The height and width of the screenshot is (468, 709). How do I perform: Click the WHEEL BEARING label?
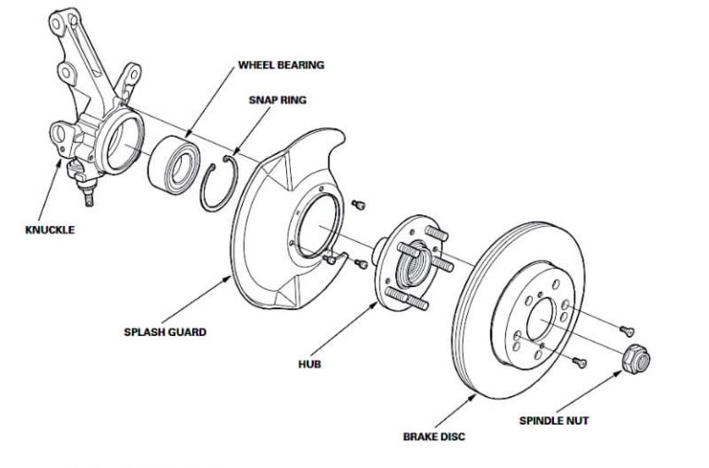click(282, 66)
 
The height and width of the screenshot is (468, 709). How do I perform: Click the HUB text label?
click(309, 364)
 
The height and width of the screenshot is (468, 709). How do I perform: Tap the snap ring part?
click(222, 185)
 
